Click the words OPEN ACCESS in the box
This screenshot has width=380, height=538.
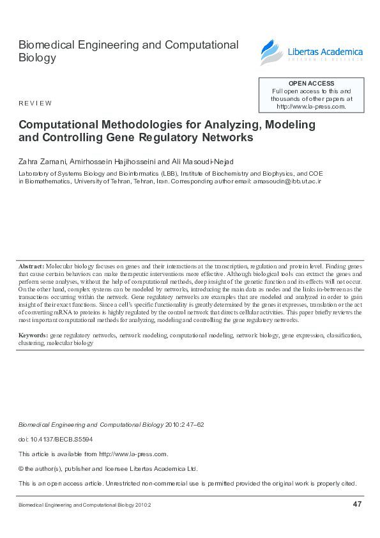tap(311, 84)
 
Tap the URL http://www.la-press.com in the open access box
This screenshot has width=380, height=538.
tap(310, 107)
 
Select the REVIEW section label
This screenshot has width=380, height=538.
tap(35, 103)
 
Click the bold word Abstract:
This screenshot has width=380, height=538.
tap(31, 265)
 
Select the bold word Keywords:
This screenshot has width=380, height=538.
tap(33, 335)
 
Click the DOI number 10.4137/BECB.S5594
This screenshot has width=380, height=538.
tap(63, 439)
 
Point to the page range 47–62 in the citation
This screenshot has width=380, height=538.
tap(193, 424)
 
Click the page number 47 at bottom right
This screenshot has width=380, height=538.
tap(357, 505)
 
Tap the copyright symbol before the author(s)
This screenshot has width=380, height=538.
tap(22, 468)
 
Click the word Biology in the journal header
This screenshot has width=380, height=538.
tap(37, 58)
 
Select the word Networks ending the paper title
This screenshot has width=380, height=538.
tap(227, 137)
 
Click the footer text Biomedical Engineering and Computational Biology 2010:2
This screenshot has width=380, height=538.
tap(84, 505)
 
